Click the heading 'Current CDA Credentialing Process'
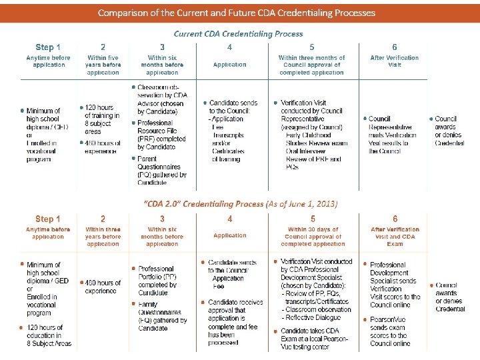point(238,33)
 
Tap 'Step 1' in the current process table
point(48,47)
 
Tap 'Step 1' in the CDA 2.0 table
point(48,219)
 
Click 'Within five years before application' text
point(103,65)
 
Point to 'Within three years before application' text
point(103,236)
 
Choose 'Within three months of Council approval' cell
point(312,65)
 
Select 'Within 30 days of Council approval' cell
point(312,236)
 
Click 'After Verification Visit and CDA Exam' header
point(395,236)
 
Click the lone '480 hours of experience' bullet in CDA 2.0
point(102,287)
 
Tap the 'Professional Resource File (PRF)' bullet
point(161,133)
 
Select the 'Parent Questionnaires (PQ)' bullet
point(161,170)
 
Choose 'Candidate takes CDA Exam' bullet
point(315,339)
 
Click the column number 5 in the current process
point(312,47)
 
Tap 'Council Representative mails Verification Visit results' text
point(393,135)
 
